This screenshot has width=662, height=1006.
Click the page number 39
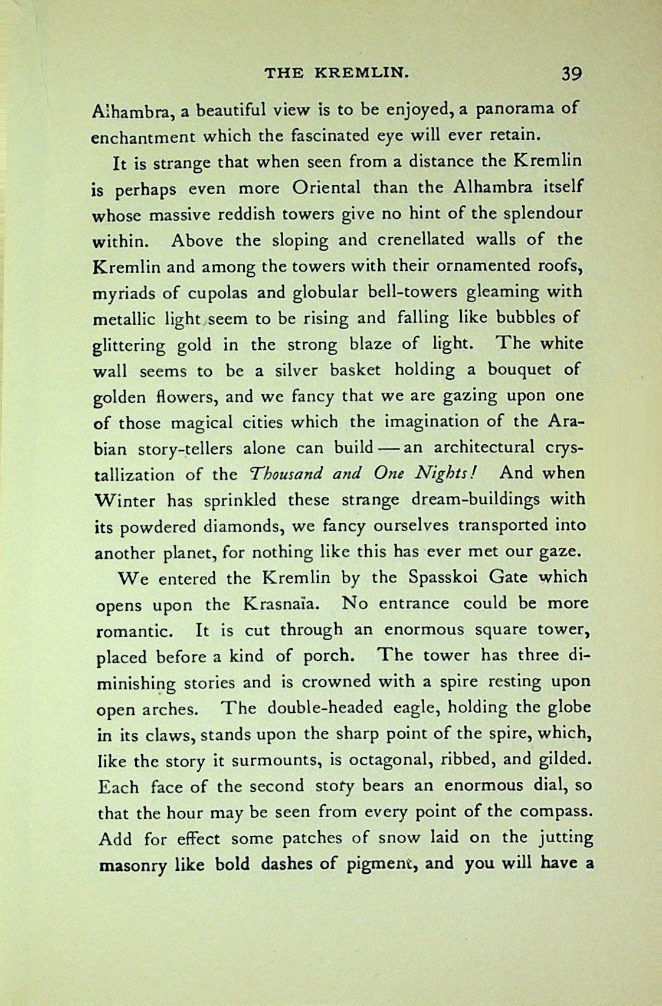coord(571,73)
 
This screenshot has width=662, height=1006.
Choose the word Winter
coord(125,501)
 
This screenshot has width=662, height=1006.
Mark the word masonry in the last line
coord(133,866)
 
